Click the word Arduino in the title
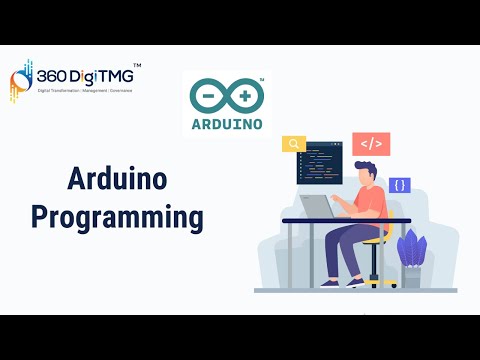117,180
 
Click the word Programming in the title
117,216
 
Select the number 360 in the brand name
52,76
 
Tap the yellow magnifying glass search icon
294,144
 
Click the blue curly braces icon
400,185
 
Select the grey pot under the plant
411,276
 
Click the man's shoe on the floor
355,283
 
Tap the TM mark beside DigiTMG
137,65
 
